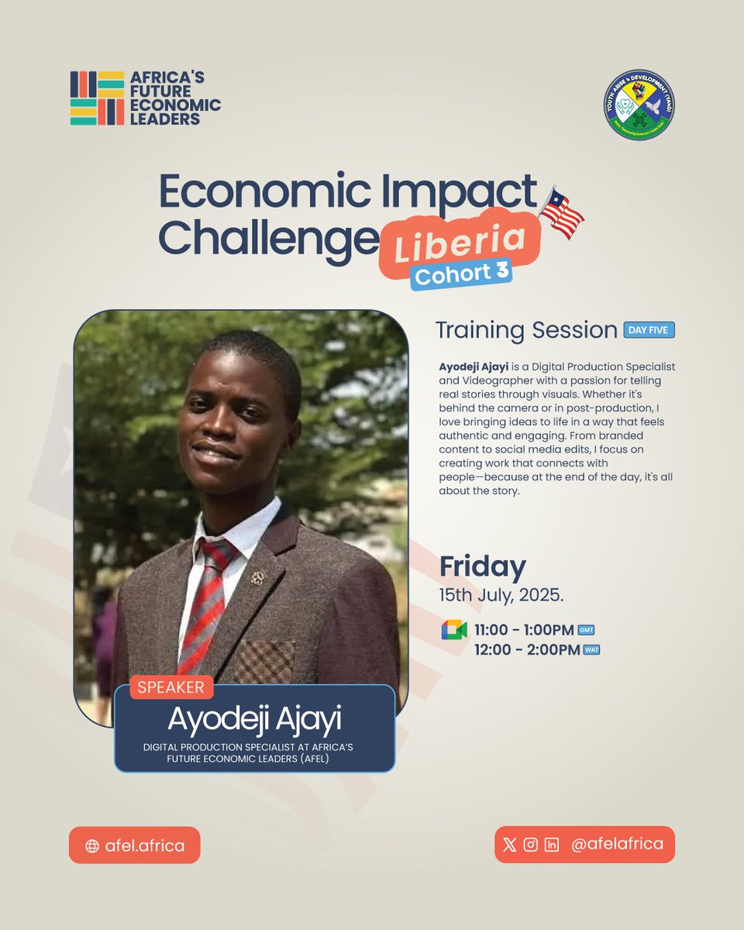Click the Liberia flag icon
click(x=562, y=212)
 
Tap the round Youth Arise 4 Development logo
click(x=639, y=105)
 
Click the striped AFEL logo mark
click(x=97, y=98)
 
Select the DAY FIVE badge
click(x=649, y=330)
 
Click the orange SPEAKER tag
click(x=171, y=687)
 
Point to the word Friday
click(x=482, y=567)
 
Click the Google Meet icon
click(x=454, y=630)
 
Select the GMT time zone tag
click(x=586, y=630)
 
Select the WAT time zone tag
click(x=591, y=650)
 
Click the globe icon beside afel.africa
click(x=92, y=846)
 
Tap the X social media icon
click(x=509, y=845)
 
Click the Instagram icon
click(x=531, y=845)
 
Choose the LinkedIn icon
click(x=552, y=845)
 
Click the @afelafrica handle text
click(x=617, y=844)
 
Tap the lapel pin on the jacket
click(x=257, y=578)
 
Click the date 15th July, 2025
click(x=501, y=597)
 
